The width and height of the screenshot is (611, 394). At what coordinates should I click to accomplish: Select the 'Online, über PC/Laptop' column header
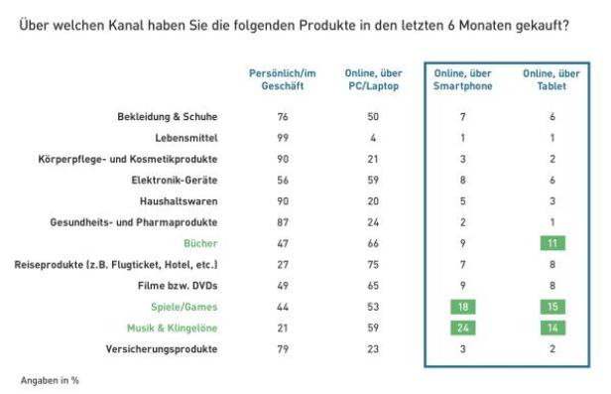click(372, 79)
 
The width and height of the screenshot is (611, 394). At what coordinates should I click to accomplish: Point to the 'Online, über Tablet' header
click(552, 79)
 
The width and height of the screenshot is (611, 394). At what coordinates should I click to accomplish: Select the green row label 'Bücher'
click(201, 243)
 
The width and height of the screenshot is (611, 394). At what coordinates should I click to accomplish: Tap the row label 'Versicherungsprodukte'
click(163, 349)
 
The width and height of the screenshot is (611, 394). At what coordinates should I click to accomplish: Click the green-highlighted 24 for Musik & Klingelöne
click(462, 328)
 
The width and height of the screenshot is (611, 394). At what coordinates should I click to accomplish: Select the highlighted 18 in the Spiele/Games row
click(462, 307)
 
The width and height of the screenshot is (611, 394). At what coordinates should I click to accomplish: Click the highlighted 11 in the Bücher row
click(552, 243)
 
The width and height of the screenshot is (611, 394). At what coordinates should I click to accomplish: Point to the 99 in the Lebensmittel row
click(281, 137)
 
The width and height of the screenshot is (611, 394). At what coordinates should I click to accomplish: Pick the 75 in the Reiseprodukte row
click(372, 265)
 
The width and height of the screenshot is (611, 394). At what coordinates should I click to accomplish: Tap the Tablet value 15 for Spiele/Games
click(552, 307)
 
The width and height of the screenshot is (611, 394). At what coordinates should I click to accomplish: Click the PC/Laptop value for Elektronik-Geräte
click(372, 180)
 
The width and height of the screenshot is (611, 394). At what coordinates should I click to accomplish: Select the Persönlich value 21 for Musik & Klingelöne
click(281, 328)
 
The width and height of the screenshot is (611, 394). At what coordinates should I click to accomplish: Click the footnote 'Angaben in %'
click(50, 380)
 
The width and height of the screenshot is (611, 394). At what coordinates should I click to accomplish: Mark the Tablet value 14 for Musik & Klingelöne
click(552, 328)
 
